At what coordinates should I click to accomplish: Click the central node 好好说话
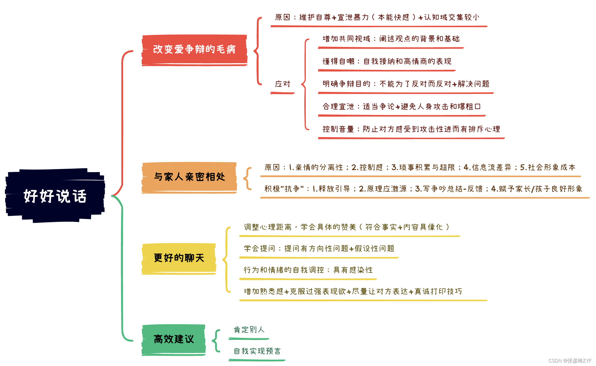[55, 196]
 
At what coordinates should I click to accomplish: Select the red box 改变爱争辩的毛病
[194, 50]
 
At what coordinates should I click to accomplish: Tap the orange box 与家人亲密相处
[189, 177]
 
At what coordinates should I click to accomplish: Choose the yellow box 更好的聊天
[179, 258]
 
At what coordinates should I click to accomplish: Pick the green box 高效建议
[174, 339]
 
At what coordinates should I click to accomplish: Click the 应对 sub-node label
[282, 84]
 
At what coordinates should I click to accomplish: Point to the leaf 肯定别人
[249, 330]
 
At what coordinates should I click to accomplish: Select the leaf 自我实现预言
[257, 351]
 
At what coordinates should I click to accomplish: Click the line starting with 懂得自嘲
[387, 61]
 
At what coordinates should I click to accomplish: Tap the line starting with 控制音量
[411, 129]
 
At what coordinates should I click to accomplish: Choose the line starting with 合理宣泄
[401, 107]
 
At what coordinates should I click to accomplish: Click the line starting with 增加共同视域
[391, 39]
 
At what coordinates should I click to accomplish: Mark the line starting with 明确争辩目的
[406, 84]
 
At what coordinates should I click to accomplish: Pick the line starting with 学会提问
[319, 249]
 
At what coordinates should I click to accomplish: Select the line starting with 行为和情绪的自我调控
[308, 270]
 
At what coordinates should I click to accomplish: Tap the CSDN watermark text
[570, 361]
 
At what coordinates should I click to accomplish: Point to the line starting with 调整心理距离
[346, 227]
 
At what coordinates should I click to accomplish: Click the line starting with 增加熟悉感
[353, 292]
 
